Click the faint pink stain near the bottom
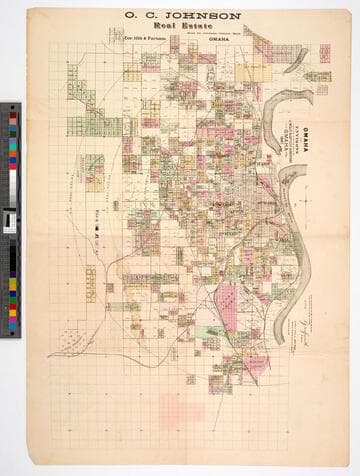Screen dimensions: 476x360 181,408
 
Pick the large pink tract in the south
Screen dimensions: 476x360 228,300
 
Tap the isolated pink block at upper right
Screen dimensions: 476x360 324,53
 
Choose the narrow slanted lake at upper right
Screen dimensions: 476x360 297,62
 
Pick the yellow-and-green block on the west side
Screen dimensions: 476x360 94,171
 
